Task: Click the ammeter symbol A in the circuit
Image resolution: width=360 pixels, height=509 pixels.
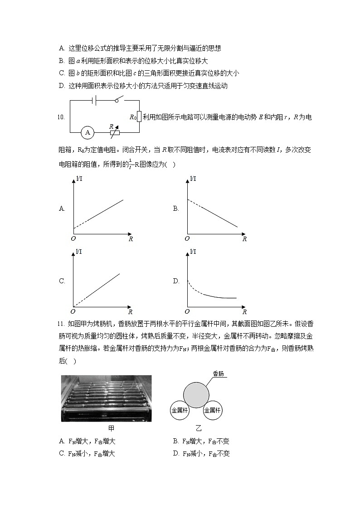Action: point(88,133)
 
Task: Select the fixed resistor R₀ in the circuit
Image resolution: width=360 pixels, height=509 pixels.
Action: point(139,117)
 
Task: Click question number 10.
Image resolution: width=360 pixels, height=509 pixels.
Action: point(61,117)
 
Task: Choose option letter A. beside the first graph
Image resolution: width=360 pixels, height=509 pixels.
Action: point(62,209)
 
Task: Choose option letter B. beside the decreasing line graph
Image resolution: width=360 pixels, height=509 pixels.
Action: point(176,209)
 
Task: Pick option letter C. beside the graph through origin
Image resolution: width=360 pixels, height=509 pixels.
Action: point(62,281)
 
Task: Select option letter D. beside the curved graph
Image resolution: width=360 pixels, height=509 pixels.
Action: point(176,281)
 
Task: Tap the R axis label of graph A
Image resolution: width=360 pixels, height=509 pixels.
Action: point(131,239)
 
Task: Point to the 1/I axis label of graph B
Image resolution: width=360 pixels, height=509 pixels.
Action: point(193,179)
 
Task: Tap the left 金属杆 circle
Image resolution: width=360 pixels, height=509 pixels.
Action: point(180,410)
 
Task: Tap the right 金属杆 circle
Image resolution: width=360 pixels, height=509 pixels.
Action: point(213,410)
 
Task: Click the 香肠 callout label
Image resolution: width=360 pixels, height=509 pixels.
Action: point(219,373)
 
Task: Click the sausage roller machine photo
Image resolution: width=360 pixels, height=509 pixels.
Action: point(107,398)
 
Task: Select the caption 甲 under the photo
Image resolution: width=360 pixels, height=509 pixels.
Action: point(111,428)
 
